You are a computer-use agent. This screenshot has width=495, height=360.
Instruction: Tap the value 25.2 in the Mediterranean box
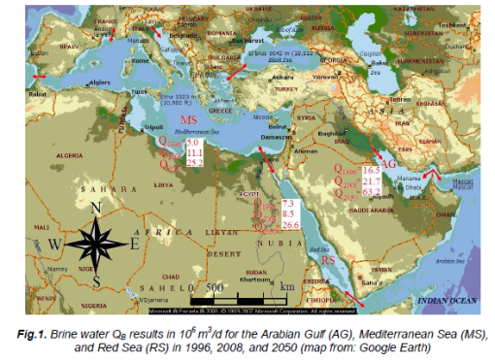[194, 162]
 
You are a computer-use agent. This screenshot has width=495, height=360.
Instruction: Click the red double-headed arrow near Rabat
[38, 75]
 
